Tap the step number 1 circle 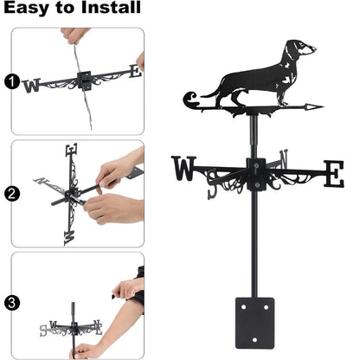[x=11, y=84]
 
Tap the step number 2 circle [x=11, y=194]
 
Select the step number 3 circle [x=11, y=303]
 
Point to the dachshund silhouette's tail [x=202, y=83]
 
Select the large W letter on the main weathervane [x=184, y=169]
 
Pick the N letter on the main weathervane [x=284, y=158]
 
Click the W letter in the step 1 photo [x=32, y=85]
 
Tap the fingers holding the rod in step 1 [x=75, y=35]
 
